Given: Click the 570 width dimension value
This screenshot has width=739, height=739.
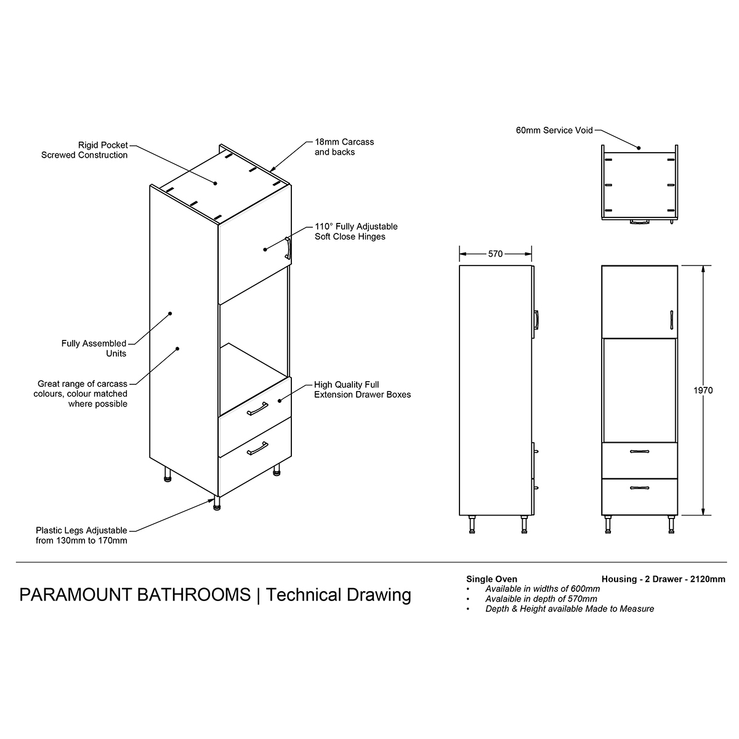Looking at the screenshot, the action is tap(495, 254).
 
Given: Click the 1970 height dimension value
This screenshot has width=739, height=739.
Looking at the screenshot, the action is tap(703, 390).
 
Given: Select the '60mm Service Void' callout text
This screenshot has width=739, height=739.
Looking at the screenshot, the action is tap(554, 131).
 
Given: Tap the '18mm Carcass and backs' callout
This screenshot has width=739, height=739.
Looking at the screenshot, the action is tap(344, 147).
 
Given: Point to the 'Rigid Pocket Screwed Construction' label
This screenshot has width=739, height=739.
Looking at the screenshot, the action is tap(84, 150).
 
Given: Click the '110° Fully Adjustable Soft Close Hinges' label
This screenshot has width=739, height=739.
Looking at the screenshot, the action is tap(356, 232).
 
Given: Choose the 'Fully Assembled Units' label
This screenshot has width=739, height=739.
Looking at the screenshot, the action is tap(94, 348).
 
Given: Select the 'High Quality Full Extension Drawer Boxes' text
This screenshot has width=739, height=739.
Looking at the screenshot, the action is tap(362, 389).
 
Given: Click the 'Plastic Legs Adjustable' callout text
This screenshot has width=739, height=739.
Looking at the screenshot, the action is tap(81, 530).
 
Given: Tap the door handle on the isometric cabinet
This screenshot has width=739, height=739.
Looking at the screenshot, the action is tap(288, 248).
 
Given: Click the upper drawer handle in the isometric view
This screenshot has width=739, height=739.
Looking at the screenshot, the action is tap(257, 408).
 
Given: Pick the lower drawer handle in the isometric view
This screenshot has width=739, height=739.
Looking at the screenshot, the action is tap(257, 448).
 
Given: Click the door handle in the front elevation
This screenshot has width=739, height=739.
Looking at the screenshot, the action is tap(671, 320).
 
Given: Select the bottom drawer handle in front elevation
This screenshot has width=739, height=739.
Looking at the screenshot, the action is tap(639, 488).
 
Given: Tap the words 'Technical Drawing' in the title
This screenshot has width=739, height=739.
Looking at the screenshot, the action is tap(338, 595).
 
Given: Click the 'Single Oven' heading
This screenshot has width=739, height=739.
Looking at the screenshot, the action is tap(491, 579).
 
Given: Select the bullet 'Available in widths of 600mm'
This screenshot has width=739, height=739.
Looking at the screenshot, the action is tap(543, 589).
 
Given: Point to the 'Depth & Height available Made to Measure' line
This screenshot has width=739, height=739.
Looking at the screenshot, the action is tap(570, 608).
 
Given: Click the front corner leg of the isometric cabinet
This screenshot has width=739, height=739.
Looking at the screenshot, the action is tap(217, 503).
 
